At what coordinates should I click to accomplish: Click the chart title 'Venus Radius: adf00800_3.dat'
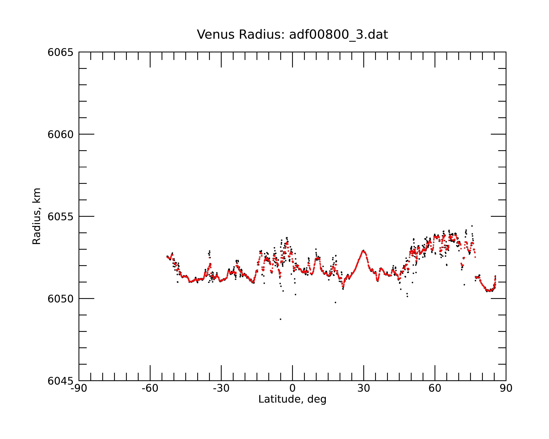pyautogui.click(x=292, y=34)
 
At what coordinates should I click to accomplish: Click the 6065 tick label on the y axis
pyautogui.click(x=60, y=52)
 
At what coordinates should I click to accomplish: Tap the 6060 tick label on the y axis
pyautogui.click(x=60, y=134)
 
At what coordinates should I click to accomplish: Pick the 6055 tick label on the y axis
pyautogui.click(x=60, y=217)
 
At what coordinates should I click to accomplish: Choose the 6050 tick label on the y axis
pyautogui.click(x=60, y=299)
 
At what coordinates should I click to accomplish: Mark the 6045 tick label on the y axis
pyautogui.click(x=60, y=381)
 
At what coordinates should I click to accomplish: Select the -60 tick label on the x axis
pyautogui.click(x=150, y=388)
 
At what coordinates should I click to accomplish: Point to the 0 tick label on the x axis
pyautogui.click(x=292, y=388)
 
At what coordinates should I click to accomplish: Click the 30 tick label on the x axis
pyautogui.click(x=364, y=388)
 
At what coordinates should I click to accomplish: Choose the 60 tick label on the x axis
pyautogui.click(x=435, y=388)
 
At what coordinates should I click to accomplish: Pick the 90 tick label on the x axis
pyautogui.click(x=506, y=388)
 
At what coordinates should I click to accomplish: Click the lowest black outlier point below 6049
pyautogui.click(x=281, y=319)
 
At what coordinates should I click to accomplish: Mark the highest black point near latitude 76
pyautogui.click(x=472, y=226)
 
